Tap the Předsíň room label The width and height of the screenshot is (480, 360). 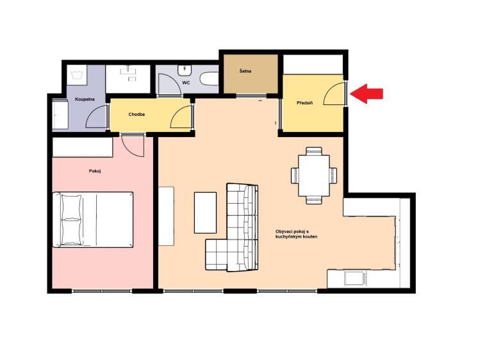point(304,103)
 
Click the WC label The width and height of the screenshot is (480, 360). point(186,83)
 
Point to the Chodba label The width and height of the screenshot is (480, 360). point(137,115)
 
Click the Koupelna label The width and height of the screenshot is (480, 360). point(85,99)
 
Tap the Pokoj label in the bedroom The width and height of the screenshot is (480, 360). point(95,171)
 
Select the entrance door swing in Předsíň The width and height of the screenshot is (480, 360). point(335,95)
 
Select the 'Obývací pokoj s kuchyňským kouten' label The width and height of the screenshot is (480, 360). point(296,234)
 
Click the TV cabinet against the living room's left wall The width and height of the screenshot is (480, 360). point(166,216)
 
